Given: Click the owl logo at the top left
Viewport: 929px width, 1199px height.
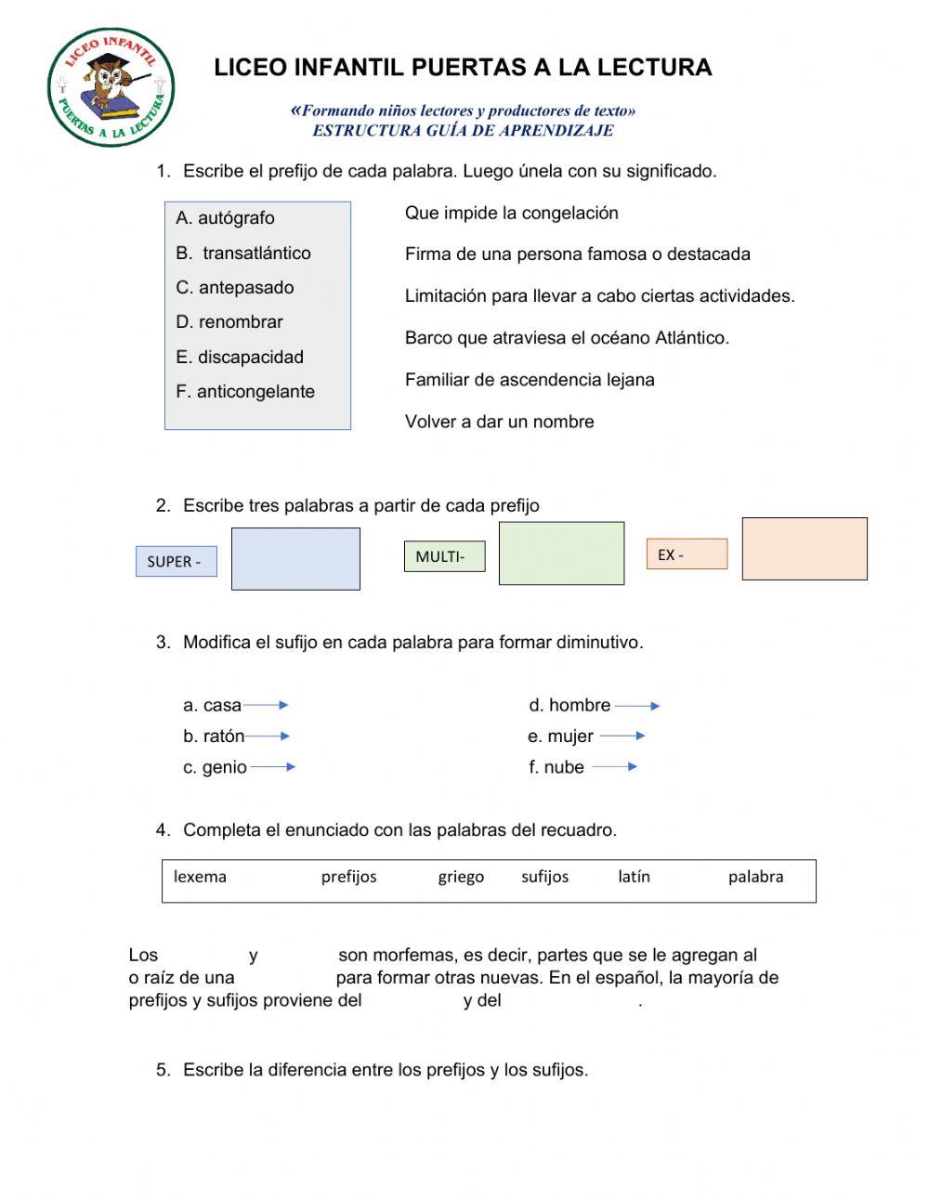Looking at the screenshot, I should pos(111,87).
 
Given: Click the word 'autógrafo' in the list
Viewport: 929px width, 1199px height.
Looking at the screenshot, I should pos(236,218).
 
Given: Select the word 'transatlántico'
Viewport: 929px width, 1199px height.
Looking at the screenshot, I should pos(256,253).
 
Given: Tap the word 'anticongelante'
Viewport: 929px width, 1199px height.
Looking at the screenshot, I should pos(255,392).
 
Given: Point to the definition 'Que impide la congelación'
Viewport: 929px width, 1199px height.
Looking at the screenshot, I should pos(511,213).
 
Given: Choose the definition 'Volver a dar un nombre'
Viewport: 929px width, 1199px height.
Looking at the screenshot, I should pos(499,422).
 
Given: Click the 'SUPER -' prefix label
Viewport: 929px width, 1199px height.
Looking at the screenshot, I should pos(176,562).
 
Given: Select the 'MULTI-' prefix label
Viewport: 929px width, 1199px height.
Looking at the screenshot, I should pos(444,556).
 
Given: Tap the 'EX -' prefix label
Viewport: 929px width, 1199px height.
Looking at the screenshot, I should pos(687,554).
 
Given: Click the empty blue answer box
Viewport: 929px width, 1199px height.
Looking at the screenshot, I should pos(295,559).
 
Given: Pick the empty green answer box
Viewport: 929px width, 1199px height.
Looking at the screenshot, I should pos(561,554).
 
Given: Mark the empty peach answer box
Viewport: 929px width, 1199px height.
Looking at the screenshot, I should pos(805,549).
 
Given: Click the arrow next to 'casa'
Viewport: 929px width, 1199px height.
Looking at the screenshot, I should pos(267,706).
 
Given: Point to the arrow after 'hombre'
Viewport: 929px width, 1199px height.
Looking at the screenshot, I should pos(637,706).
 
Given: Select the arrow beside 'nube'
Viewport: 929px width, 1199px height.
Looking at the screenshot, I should pos(614,767).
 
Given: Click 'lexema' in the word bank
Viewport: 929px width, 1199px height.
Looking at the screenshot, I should pos(200,877).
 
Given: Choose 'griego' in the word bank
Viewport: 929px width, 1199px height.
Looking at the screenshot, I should pos(461,877).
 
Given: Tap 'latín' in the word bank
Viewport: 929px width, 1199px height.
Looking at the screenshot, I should pos(634,877).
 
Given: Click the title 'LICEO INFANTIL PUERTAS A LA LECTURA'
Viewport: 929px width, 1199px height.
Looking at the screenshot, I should pos(463,68).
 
